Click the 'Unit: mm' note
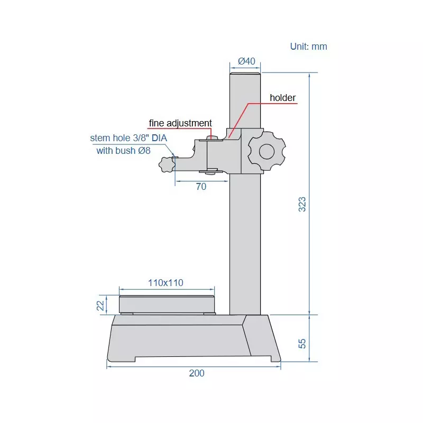(x=309, y=47)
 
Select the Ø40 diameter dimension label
(x=246, y=61)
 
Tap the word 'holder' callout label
(x=283, y=98)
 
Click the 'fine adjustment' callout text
(x=180, y=123)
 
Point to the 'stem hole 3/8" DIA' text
(x=128, y=139)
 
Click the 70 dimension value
(x=201, y=187)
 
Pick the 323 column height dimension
(x=302, y=204)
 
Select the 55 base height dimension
(x=302, y=343)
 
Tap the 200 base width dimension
(x=197, y=373)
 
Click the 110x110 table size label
(x=165, y=283)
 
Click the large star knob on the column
(x=266, y=151)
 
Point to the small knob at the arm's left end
(x=167, y=165)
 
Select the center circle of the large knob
(x=266, y=151)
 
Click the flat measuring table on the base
(x=167, y=305)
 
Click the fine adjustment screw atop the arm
(x=212, y=139)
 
